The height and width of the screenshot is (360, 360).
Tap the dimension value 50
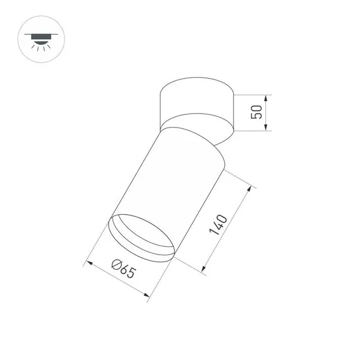(x=256, y=113)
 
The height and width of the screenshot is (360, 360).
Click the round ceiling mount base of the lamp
(x=196, y=101)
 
